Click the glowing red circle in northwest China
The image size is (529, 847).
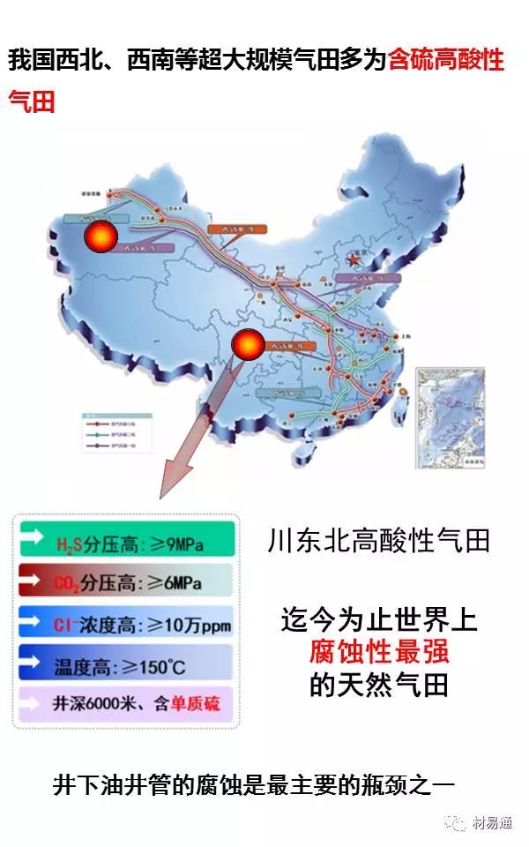(x=101, y=236)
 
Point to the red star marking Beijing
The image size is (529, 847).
(x=354, y=261)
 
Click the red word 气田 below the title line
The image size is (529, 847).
(x=32, y=101)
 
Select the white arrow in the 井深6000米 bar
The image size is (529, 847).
(x=33, y=703)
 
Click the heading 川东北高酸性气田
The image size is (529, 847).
(x=378, y=540)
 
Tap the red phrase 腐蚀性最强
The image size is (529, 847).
(x=379, y=651)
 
